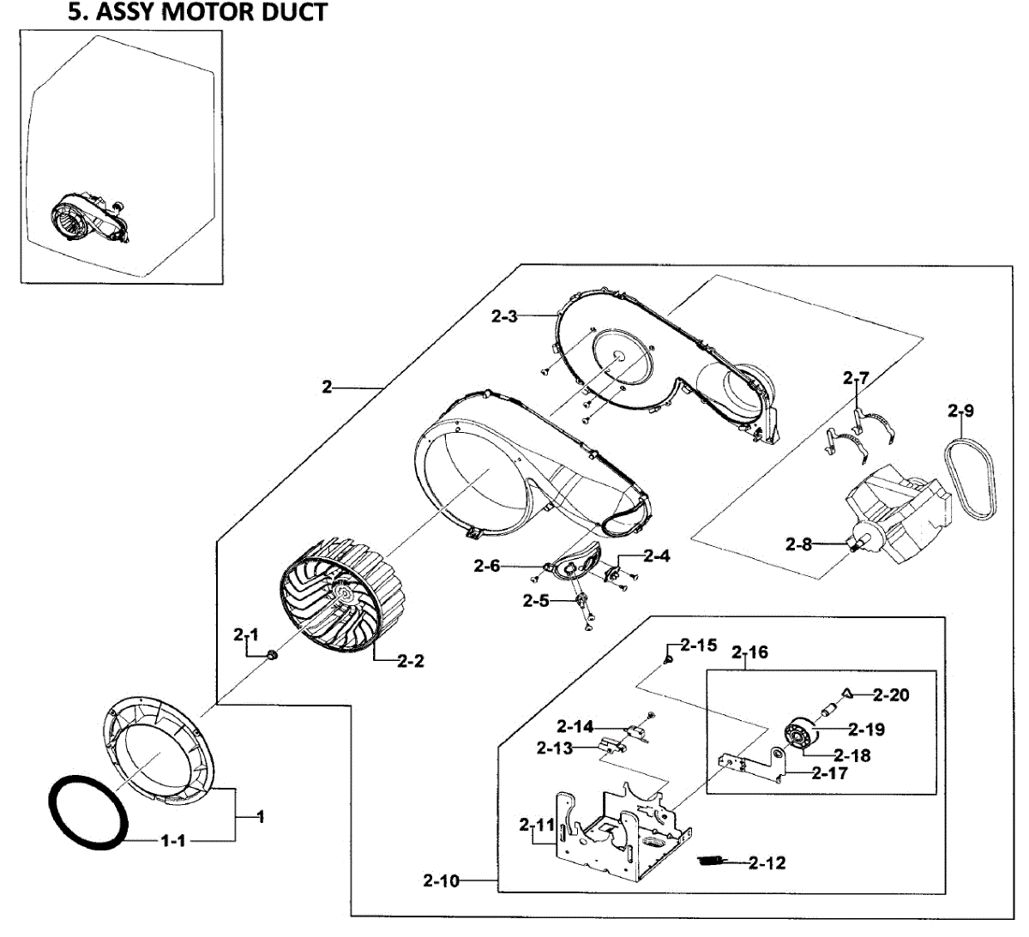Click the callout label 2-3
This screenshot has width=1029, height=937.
pyautogui.click(x=504, y=316)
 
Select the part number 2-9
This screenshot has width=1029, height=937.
pyautogui.click(x=961, y=411)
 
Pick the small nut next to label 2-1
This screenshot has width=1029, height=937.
pyautogui.click(x=272, y=656)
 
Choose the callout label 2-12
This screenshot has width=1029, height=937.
pyautogui.click(x=767, y=862)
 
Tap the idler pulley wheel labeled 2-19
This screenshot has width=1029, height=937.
pyautogui.click(x=799, y=736)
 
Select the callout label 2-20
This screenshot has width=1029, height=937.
pyautogui.click(x=892, y=694)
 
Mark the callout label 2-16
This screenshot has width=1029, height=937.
pyautogui.click(x=749, y=652)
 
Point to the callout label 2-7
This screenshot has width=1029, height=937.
pyautogui.click(x=856, y=377)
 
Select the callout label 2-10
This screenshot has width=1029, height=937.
pyautogui.click(x=441, y=880)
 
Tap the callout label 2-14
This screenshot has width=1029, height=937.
pyautogui.click(x=575, y=727)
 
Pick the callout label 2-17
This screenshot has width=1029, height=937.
pyautogui.click(x=829, y=773)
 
